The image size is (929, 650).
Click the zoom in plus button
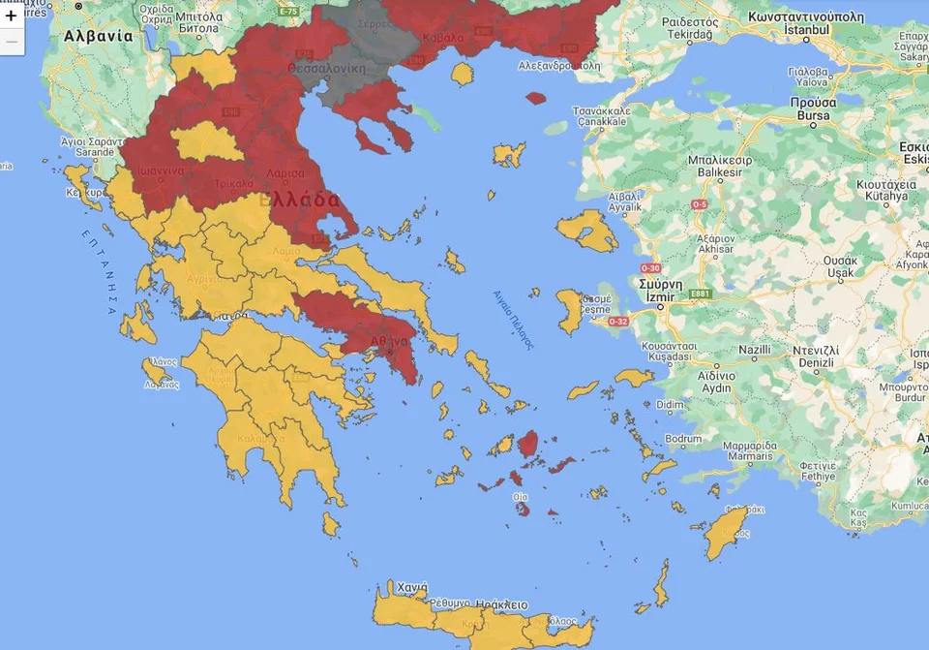tap(12, 15)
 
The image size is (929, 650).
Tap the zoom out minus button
tap(12, 42)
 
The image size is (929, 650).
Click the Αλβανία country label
tap(98, 36)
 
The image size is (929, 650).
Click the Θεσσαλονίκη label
tap(327, 69)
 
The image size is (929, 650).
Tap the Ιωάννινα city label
tap(161, 170)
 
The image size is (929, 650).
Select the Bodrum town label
tap(683, 439)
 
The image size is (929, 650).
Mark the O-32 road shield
tap(616, 321)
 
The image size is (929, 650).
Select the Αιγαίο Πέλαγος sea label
tap(514, 319)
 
